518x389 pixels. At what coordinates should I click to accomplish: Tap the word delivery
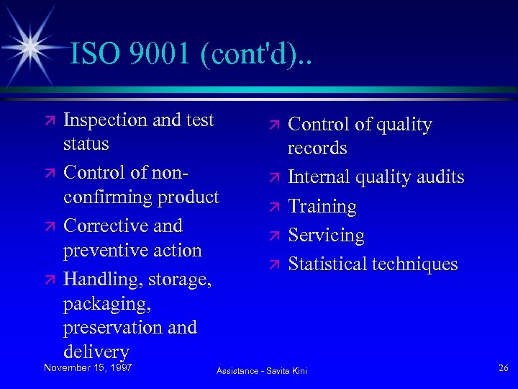coord(96,352)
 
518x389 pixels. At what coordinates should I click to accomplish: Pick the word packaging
coord(106,303)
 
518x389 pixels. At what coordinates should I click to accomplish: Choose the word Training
coord(322,206)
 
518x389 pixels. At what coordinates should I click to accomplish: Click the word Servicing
coord(326,236)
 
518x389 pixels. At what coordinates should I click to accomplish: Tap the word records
coord(317,148)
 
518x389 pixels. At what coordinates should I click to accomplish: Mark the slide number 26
coord(503,368)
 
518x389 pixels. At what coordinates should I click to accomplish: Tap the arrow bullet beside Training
coord(273,207)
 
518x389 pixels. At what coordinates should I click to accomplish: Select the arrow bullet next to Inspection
coord(48,120)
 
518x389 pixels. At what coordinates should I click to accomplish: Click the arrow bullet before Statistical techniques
coord(273,264)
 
